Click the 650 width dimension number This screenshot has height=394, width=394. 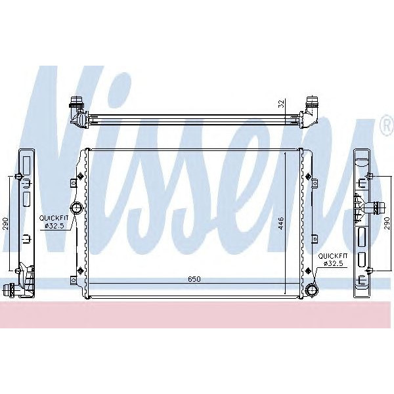tap(194, 279)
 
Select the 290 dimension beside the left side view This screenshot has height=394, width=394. tap(5, 224)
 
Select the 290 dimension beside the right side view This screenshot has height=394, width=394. tap(387, 224)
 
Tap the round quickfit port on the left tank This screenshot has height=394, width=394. tap(77, 209)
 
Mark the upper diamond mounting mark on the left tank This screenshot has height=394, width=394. tap(79, 176)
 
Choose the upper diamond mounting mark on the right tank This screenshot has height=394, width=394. tap(310, 176)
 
